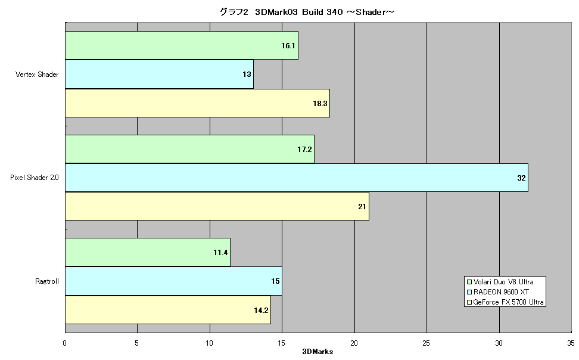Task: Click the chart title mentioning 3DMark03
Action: [307, 12]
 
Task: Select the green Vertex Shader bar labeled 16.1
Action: [182, 45]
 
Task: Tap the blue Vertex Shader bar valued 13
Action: [159, 75]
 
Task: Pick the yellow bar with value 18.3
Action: [198, 103]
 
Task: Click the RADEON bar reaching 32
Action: [297, 178]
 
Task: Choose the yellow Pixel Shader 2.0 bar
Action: [217, 206]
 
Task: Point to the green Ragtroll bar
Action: [148, 253]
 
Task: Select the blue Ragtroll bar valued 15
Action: [173, 281]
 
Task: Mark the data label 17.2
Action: [304, 150]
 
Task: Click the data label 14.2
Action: [261, 311]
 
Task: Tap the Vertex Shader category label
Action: [37, 75]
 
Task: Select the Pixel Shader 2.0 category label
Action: [35, 178]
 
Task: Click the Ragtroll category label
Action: [47, 281]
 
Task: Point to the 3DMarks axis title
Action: [317, 352]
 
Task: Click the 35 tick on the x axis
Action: [571, 343]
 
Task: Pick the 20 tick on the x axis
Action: [354, 343]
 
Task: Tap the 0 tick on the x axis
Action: [64, 343]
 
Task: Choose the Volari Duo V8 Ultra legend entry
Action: [500, 282]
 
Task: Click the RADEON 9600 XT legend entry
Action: [498, 291]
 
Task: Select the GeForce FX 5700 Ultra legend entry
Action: [505, 302]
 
